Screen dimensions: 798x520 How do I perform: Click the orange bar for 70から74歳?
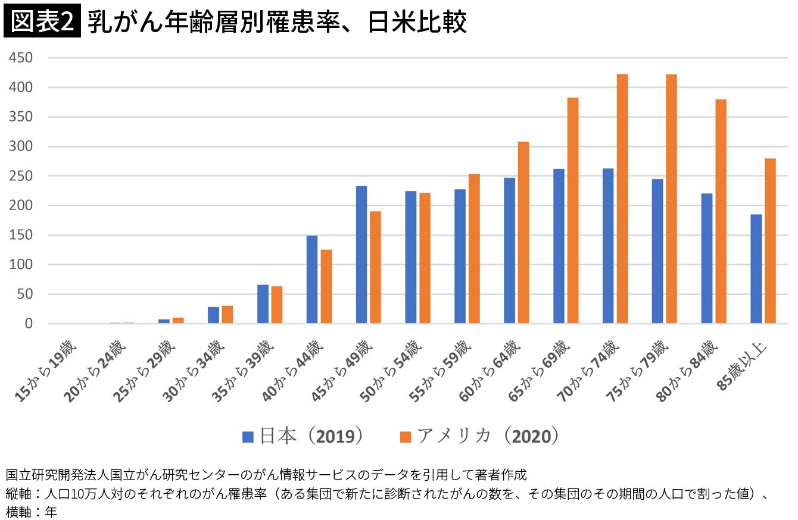pos(622,199)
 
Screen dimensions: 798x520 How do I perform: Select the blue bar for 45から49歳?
pos(361,255)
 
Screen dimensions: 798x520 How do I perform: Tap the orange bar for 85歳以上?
pos(770,240)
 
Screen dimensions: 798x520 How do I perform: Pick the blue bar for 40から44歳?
pos(311,280)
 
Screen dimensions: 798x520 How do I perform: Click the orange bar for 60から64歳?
pos(523,233)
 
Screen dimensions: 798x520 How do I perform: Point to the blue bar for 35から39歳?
pos(263,304)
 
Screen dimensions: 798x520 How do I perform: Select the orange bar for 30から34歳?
pos(227,314)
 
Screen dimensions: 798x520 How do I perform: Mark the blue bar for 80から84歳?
pos(707,258)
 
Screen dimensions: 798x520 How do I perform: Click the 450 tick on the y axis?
pos(21,58)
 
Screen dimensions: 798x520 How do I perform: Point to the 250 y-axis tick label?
pos(21,176)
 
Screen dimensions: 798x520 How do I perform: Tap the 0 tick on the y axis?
pos(29,324)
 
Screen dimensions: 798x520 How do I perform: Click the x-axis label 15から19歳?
pos(46,371)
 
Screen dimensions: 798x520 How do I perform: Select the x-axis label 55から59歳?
pos(440,371)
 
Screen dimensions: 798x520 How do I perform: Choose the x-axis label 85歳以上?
pos(741,366)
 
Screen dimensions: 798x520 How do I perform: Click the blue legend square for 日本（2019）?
pos(248,437)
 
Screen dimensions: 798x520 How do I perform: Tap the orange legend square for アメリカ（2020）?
pos(406,437)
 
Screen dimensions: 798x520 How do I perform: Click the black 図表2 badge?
pos(42,21)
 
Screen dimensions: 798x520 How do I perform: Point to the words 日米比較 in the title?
pos(417,22)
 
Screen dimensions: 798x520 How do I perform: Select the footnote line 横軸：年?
pos(32,512)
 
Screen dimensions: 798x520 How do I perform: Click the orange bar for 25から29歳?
pos(178,320)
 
